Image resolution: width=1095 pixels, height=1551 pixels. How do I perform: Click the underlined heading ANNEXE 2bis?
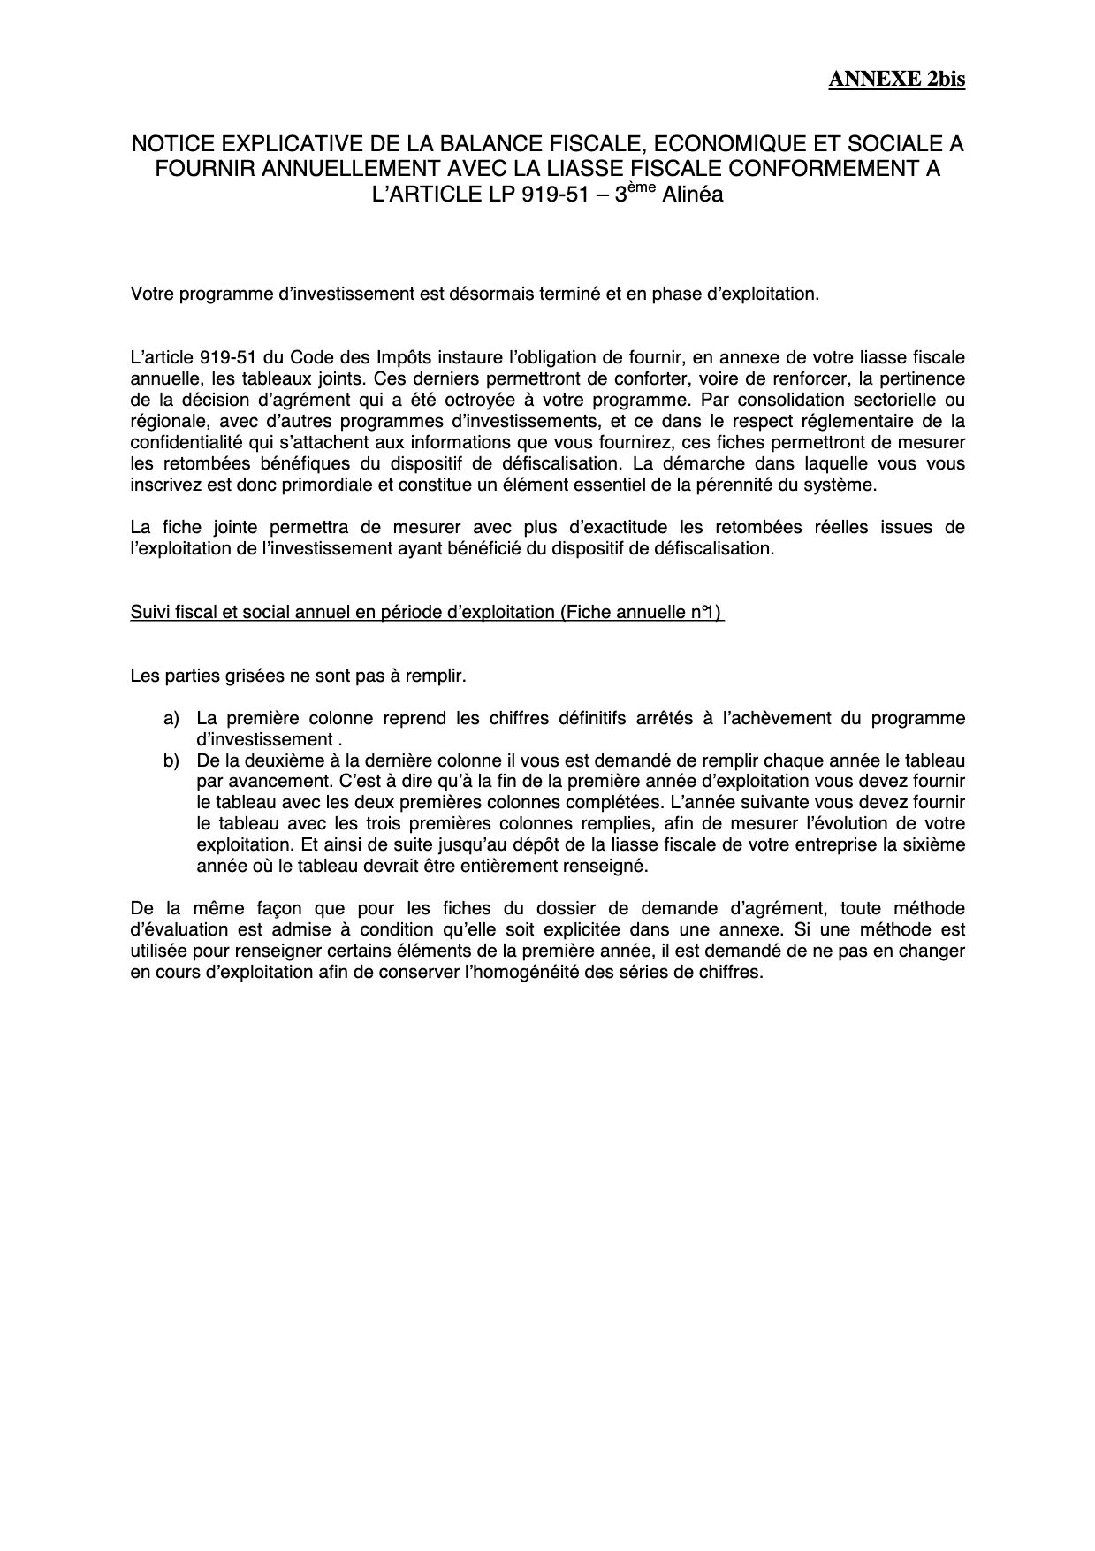tap(896, 80)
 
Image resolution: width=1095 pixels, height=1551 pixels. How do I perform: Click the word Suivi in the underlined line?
tap(148, 612)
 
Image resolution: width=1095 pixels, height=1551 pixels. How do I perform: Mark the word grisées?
tap(253, 676)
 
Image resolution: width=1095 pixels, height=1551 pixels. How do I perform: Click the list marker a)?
tap(171, 718)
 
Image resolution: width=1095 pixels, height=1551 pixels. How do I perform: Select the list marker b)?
tap(171, 760)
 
